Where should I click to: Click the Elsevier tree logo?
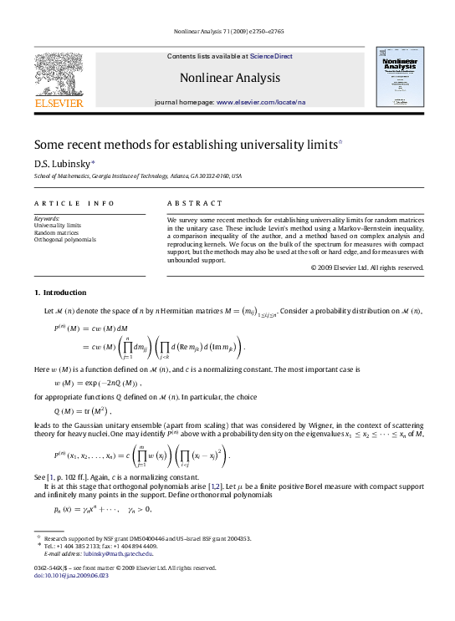click(x=58, y=74)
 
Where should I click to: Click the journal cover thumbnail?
click(x=399, y=76)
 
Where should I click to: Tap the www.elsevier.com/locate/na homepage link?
click(x=261, y=101)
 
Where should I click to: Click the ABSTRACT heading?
click(x=195, y=203)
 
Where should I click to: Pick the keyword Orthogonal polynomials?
click(x=64, y=240)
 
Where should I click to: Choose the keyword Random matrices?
click(x=56, y=232)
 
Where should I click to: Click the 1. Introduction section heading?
click(x=59, y=293)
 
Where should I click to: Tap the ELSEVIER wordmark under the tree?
click(x=58, y=104)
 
